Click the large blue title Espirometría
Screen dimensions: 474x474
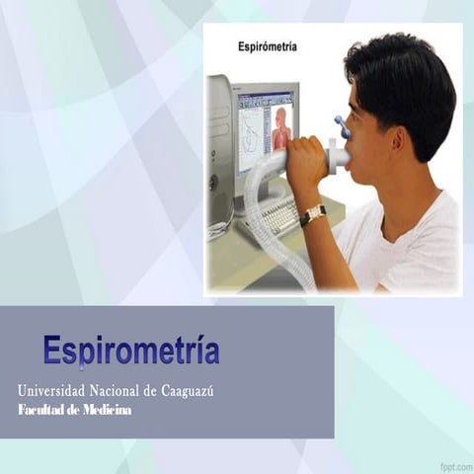131,350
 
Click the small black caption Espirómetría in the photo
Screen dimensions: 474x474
268,46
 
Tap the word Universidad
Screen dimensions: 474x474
51,391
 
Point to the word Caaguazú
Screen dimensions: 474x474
188,391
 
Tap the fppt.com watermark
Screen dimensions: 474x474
455,466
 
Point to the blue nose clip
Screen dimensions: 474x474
343,126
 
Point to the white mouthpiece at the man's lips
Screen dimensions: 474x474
338,156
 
